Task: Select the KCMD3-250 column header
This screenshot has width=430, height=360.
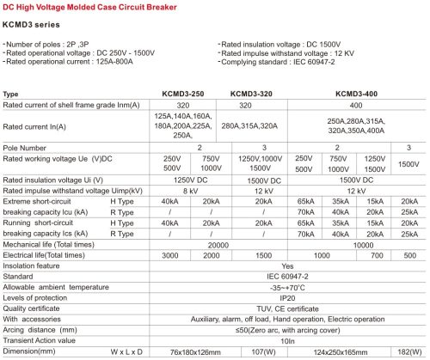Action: point(175,93)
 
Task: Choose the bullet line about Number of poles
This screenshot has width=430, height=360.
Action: point(54,43)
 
